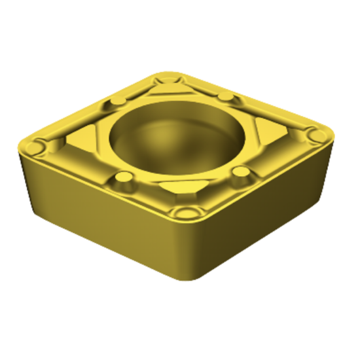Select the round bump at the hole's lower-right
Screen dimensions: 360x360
click(242, 173)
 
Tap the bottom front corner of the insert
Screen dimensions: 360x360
click(190, 280)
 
